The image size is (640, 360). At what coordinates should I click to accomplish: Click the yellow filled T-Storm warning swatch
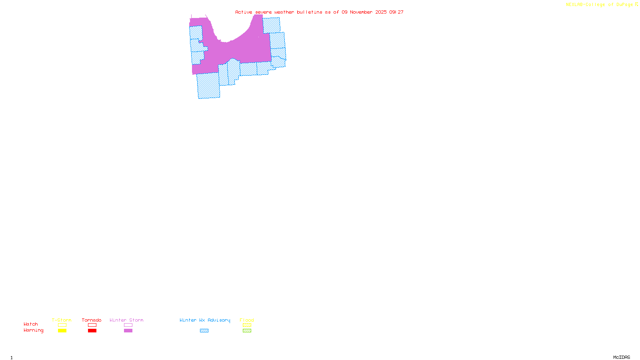click(62, 331)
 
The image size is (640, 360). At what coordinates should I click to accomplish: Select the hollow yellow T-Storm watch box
click(62, 325)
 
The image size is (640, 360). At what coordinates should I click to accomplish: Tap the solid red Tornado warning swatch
click(92, 331)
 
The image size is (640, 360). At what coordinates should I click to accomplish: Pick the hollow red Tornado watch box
click(92, 325)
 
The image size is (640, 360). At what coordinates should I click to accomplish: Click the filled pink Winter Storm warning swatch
click(128, 331)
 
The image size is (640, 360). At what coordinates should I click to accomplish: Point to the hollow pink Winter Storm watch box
click(128, 325)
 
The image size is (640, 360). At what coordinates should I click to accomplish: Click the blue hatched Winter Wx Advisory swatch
click(204, 331)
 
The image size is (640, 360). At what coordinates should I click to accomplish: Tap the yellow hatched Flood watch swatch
click(247, 325)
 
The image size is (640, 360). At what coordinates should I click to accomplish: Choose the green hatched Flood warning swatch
click(247, 331)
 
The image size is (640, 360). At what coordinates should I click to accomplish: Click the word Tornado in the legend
click(92, 320)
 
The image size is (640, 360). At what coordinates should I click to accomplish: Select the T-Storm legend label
click(62, 320)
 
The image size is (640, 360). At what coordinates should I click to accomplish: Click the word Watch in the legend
click(31, 324)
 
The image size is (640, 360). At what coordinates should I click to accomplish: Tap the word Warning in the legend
click(33, 330)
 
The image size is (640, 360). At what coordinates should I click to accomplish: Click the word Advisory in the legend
click(219, 320)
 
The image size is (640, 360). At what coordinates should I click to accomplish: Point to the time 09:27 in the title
click(396, 12)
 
